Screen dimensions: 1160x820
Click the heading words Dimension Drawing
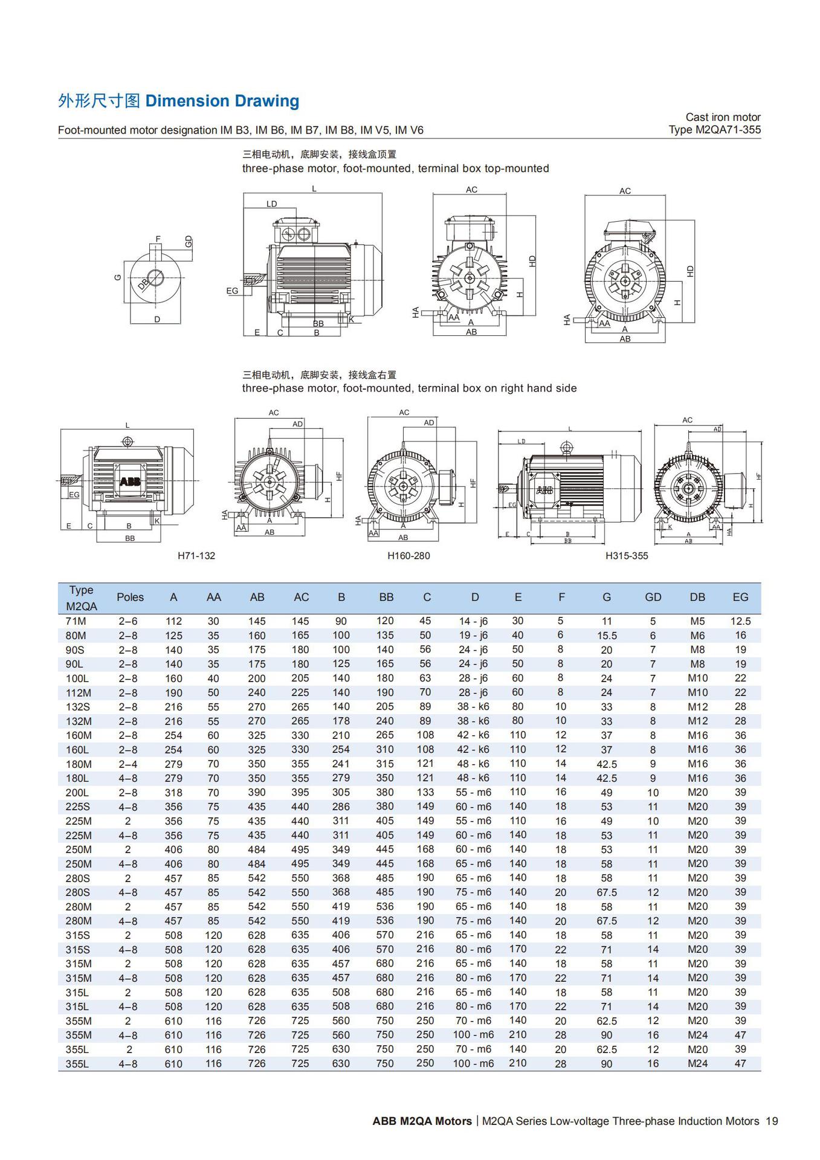click(x=222, y=101)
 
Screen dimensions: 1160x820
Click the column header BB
click(x=386, y=597)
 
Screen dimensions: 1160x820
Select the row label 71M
click(x=76, y=621)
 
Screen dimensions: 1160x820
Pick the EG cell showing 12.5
click(x=740, y=621)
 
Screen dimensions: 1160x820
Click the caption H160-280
click(x=408, y=555)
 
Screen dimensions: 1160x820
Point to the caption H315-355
click(x=626, y=555)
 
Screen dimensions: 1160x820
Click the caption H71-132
click(x=196, y=555)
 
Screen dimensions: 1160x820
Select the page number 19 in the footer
click(x=772, y=1121)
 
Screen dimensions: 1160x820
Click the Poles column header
click(x=130, y=597)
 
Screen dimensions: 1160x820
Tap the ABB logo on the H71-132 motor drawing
click(x=130, y=482)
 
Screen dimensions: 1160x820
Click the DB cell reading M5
click(x=697, y=621)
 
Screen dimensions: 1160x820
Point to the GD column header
click(x=653, y=597)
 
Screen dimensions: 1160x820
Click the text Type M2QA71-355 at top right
click(x=714, y=129)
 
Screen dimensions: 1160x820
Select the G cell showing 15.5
click(x=607, y=636)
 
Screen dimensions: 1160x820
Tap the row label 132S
click(x=77, y=707)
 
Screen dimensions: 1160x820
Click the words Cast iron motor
click(x=723, y=117)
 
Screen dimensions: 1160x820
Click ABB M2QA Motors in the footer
click(x=422, y=1121)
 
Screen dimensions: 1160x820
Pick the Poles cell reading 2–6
click(x=128, y=621)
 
